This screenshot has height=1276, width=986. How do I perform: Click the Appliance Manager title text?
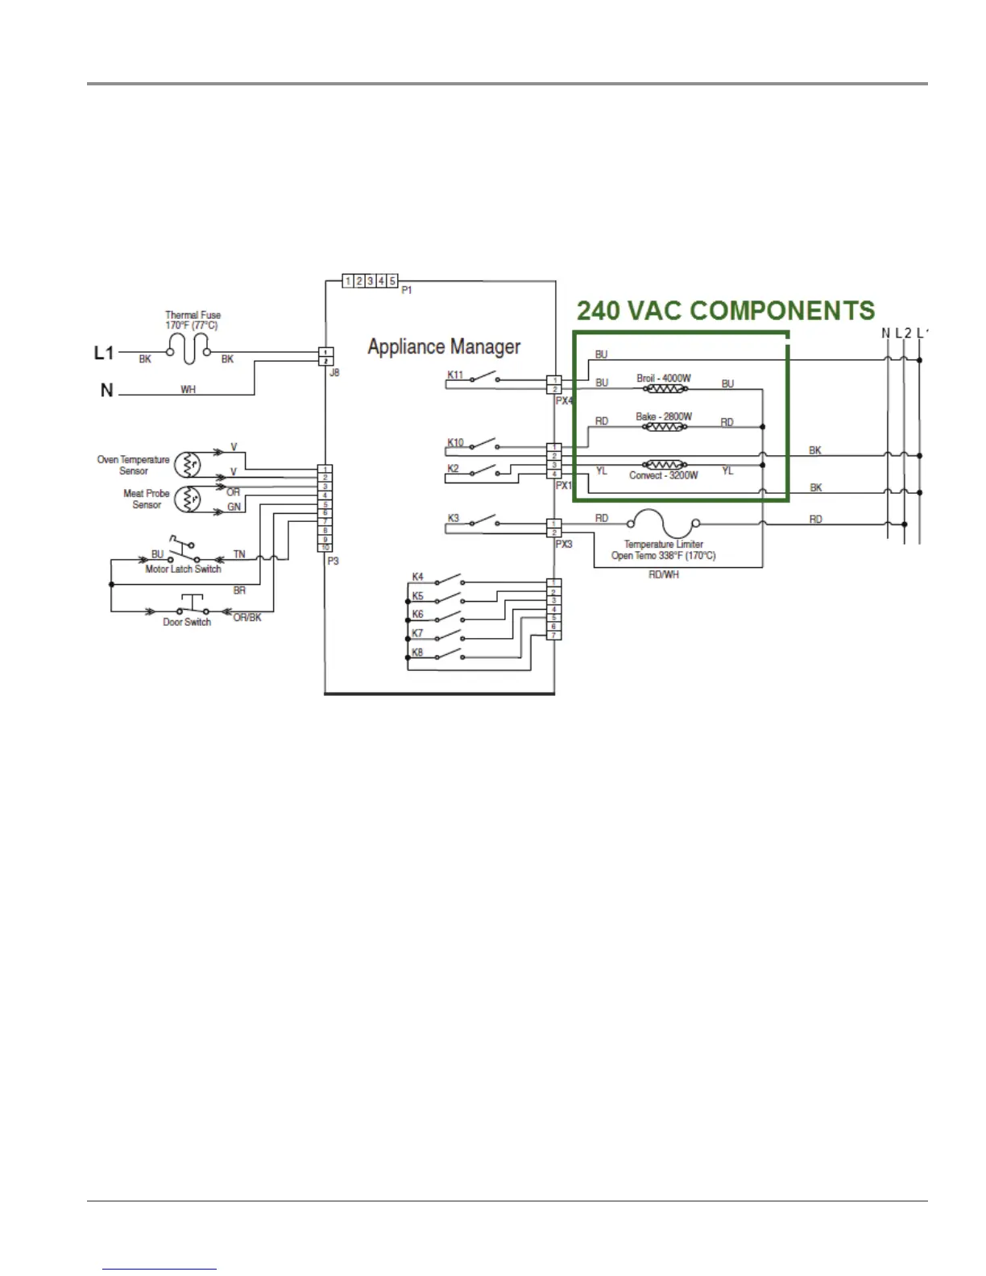pos(444,347)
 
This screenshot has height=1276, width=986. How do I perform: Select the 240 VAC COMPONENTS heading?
pos(726,311)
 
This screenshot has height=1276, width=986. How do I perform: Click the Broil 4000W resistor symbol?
pos(664,389)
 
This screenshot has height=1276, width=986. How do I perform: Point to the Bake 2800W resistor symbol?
pos(664,427)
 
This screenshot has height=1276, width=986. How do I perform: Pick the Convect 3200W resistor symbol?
pos(664,465)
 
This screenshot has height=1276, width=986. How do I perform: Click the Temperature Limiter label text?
pos(663,545)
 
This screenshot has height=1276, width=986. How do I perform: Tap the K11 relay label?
pos(455,375)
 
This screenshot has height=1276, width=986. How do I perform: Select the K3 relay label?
pos(454,518)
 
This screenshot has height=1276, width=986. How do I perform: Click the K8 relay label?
pos(417,652)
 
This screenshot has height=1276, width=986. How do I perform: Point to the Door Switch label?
pos(187,622)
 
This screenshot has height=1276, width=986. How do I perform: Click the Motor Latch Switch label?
pos(183,569)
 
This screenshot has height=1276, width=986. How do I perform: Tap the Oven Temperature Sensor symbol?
pos(189,465)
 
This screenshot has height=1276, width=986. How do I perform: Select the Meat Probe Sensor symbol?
pos(189,499)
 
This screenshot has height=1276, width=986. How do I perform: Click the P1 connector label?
pos(407,290)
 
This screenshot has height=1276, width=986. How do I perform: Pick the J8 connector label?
pos(333,372)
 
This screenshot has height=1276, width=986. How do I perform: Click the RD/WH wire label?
pos(663,574)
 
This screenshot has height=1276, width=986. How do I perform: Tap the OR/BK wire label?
pos(247,618)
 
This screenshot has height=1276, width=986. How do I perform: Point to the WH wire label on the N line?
pos(188,390)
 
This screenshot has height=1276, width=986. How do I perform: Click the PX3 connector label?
pos(564,545)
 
